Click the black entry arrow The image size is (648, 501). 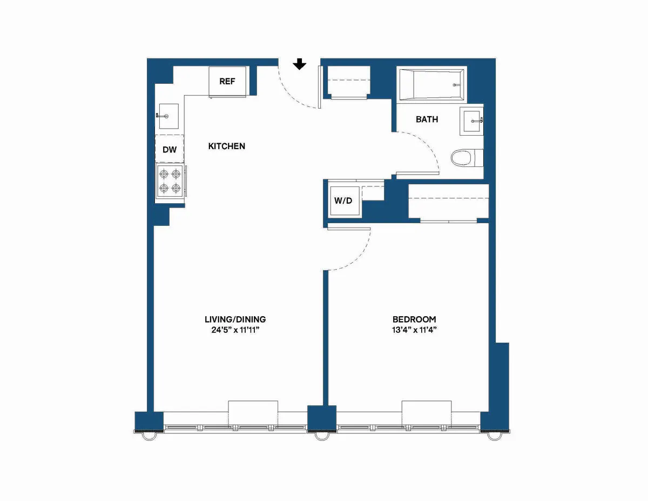point(300,64)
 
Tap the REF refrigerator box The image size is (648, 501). point(227,82)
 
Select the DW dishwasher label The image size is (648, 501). point(170,150)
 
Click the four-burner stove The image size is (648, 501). point(170,182)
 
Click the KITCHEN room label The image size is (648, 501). point(227,146)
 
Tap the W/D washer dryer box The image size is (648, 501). point(343,201)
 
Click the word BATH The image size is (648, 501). point(427,119)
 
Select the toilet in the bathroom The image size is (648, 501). point(462,158)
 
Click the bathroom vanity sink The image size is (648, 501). point(472,120)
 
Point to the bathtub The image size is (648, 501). point(431,84)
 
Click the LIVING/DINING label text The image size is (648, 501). point(235,319)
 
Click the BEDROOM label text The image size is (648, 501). point(414,319)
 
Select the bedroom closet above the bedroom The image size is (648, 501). point(448,203)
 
